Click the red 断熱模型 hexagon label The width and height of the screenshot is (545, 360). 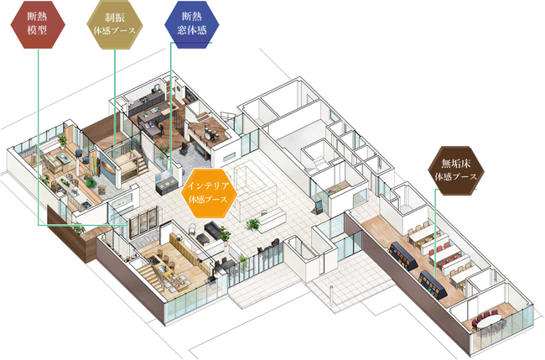coord(38,29)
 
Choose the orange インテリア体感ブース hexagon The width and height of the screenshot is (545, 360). coord(209,193)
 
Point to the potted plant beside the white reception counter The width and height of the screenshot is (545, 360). coord(252,224)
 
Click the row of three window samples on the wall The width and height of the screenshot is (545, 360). coord(139,222)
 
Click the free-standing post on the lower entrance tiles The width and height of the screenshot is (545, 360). coord(336,294)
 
